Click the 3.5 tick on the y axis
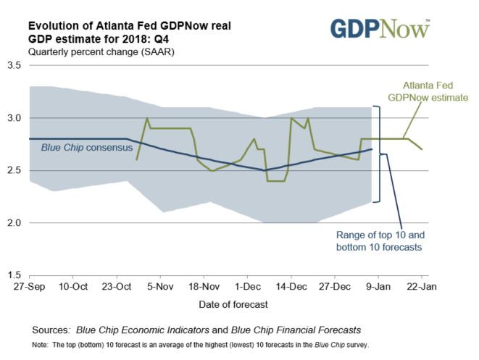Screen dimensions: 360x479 pos(14,66)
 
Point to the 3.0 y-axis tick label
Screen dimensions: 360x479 pos(14,118)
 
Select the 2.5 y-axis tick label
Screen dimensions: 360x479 pos(14,171)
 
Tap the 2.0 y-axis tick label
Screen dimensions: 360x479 pos(14,223)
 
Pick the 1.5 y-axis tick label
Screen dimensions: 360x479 pos(14,275)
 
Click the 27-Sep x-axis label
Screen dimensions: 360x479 pos(28,287)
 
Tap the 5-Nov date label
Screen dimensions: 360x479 pos(160,287)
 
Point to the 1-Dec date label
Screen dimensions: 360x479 pos(247,287)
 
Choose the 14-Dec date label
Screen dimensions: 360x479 pos(291,287)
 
